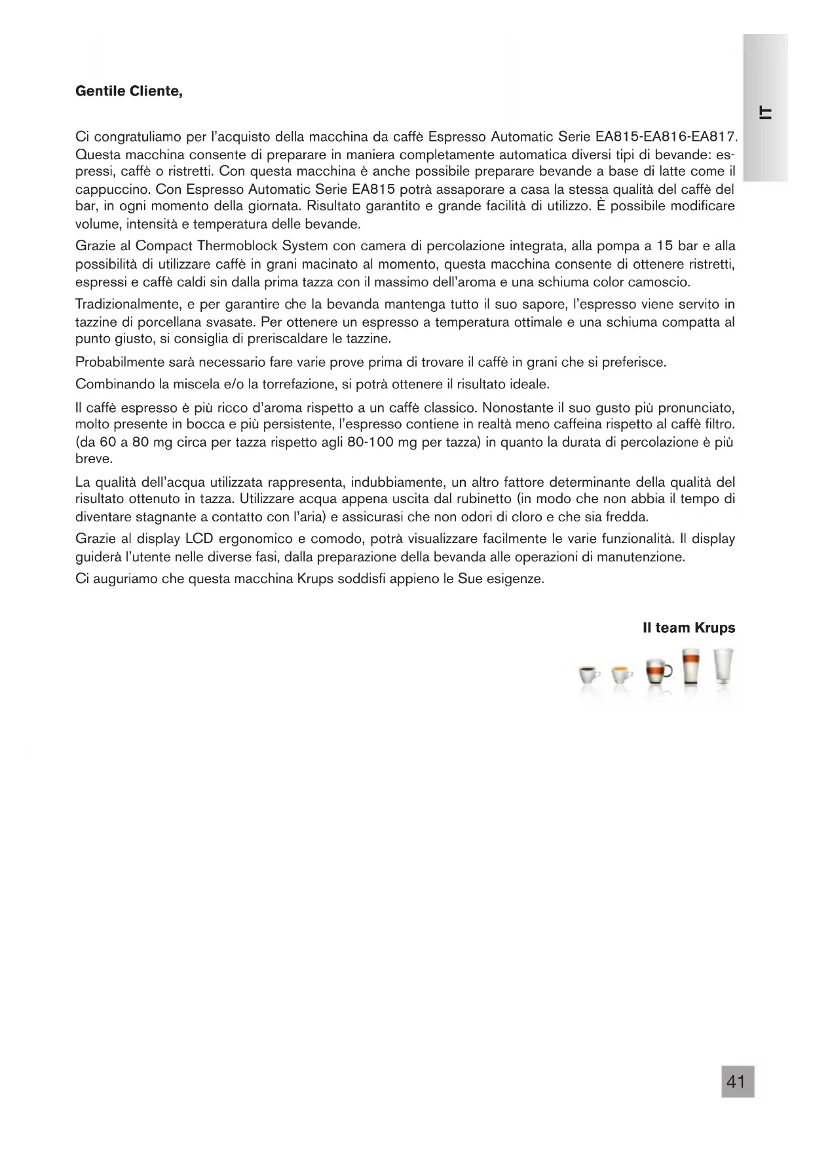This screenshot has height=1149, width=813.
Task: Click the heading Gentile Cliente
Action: (x=129, y=91)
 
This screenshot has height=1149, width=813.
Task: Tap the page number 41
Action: (x=737, y=1082)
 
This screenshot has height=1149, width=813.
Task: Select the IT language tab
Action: (x=764, y=112)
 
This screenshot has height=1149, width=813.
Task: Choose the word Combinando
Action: (x=111, y=383)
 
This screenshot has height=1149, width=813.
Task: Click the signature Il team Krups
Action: (x=689, y=628)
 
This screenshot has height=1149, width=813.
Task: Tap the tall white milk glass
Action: (x=723, y=667)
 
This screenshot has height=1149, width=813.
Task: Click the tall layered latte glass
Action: (x=689, y=667)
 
